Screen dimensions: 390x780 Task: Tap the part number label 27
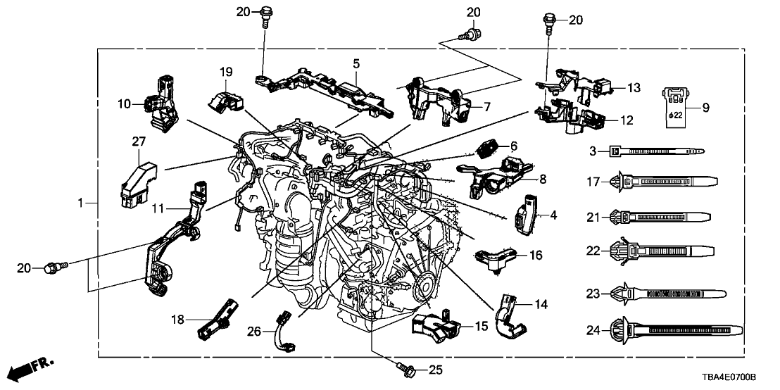tap(137, 144)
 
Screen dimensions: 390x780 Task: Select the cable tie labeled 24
tap(676, 329)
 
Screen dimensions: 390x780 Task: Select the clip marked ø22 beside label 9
tap(674, 108)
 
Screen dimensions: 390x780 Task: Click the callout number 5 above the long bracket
tap(357, 64)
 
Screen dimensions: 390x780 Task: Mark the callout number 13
tap(634, 88)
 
